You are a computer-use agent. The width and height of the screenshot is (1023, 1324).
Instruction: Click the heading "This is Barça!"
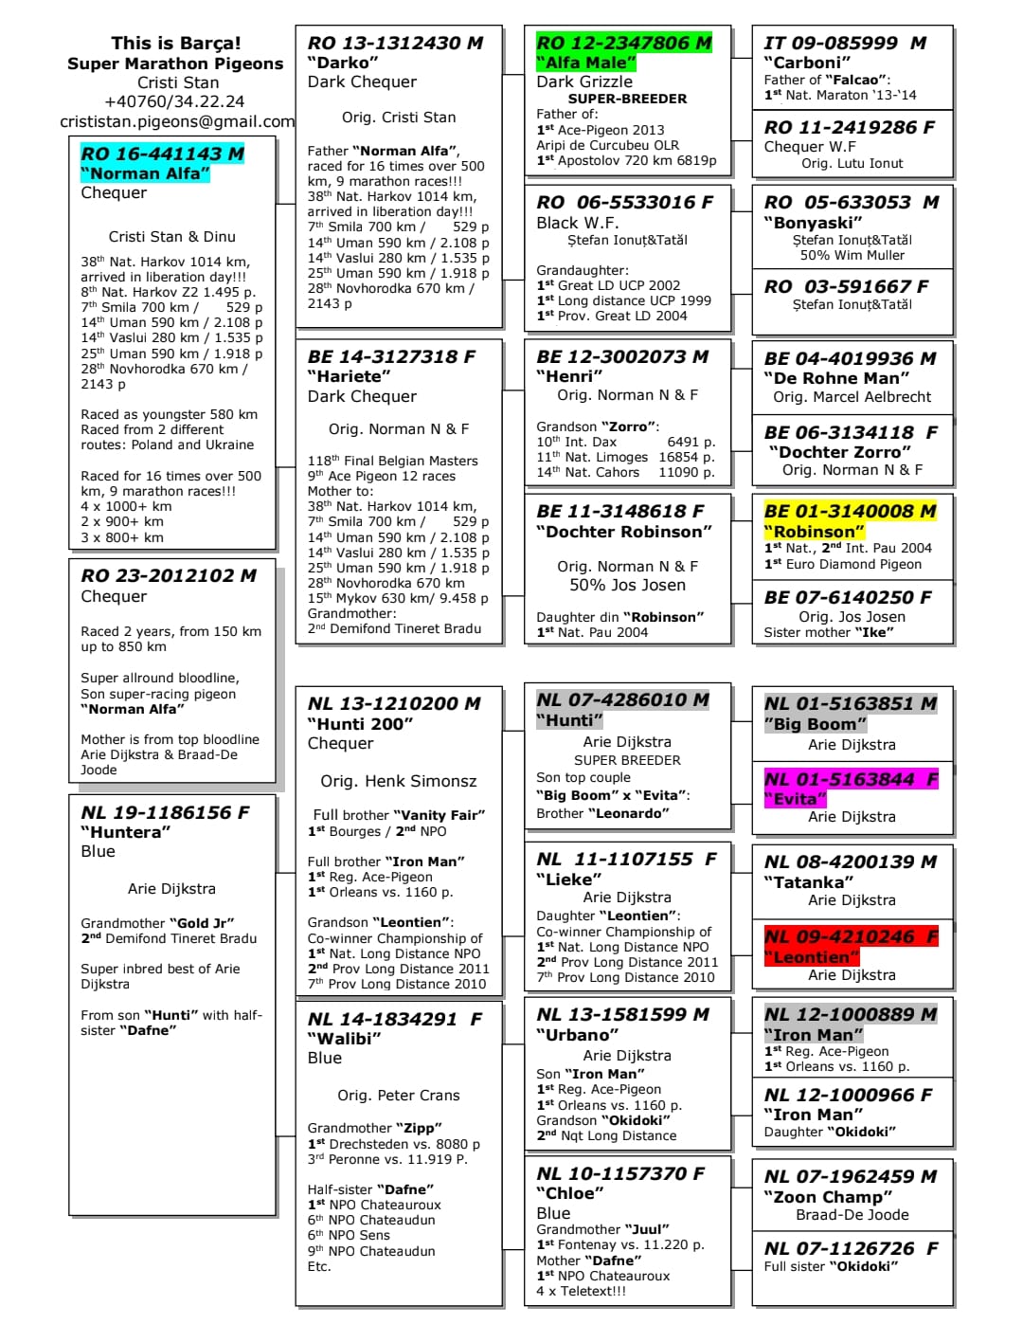tap(176, 43)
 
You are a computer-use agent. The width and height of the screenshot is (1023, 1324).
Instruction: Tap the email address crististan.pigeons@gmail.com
tap(177, 121)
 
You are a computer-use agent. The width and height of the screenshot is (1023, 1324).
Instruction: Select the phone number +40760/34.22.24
tap(174, 101)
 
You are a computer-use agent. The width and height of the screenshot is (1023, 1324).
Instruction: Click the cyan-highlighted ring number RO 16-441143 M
tap(162, 154)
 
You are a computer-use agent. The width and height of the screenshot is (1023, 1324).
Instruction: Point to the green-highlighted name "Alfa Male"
tap(585, 63)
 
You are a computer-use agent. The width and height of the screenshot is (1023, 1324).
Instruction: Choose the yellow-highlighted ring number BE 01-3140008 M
tap(850, 511)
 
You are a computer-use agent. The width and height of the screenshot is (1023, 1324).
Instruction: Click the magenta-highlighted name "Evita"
tap(796, 799)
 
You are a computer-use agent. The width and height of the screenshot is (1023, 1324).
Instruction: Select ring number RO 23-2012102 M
tap(169, 575)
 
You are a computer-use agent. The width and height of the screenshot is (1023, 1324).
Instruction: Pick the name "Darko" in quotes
tap(343, 63)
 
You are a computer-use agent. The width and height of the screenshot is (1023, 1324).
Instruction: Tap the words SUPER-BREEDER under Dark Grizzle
tap(627, 99)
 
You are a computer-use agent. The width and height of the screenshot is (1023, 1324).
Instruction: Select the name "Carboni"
tap(801, 63)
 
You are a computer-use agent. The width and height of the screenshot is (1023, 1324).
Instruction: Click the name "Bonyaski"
tap(813, 223)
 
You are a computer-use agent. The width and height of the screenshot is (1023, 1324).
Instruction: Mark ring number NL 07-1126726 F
tap(852, 1248)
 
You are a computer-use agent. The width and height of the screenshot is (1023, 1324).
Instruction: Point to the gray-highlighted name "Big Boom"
tap(815, 724)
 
